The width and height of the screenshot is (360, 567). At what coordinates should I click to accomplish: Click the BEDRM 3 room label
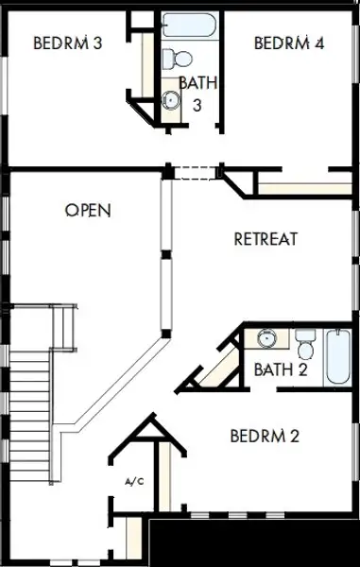68,43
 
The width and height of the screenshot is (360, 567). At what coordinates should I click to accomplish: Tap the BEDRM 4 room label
289,43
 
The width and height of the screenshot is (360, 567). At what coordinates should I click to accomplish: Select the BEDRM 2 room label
265,436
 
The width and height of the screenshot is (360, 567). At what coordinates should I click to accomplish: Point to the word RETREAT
266,239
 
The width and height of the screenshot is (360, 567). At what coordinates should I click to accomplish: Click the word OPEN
88,210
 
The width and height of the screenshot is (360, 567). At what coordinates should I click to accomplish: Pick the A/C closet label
134,481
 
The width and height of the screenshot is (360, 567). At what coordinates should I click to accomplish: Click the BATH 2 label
281,369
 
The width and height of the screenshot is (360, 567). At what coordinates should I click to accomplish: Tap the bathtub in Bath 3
189,26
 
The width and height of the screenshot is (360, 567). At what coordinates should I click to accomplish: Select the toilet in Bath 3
177,59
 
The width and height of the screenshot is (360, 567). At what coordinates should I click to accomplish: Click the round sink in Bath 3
170,100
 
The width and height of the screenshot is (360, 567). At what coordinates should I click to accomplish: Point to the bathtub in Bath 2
338,357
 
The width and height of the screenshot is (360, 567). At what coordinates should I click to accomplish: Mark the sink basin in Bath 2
266,338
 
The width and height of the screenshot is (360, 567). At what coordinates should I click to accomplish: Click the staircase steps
29,416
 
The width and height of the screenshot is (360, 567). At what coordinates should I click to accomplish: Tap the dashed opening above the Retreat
195,173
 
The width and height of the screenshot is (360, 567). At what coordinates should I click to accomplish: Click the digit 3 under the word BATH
197,105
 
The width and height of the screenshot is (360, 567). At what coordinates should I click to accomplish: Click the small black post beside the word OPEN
166,254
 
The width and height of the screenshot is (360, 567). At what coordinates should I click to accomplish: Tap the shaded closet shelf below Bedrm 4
305,189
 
